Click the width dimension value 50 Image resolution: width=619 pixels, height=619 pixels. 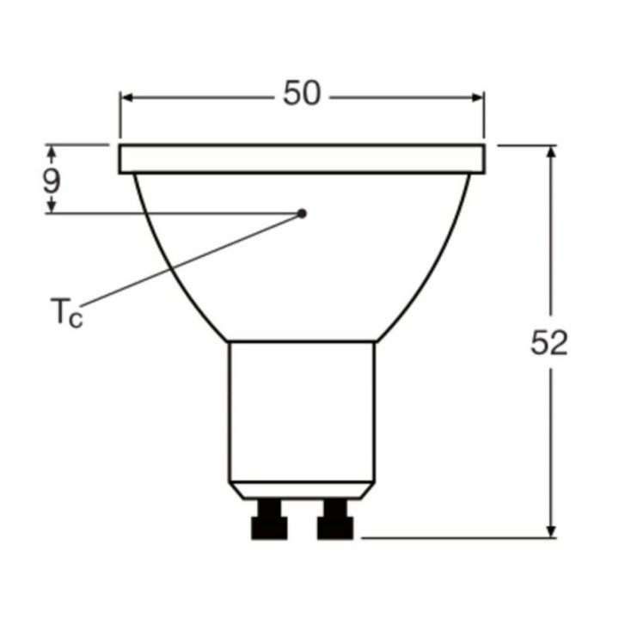tap(302, 94)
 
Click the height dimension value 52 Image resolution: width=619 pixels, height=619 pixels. tap(549, 343)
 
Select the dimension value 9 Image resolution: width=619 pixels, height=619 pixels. tap(52, 181)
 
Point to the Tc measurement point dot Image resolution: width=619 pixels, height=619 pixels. tap(303, 213)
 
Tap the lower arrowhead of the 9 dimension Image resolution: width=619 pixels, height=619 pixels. tap(52, 205)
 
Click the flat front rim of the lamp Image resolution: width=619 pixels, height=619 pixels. tap(302, 159)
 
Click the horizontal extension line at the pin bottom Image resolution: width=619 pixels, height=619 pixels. tap(456, 539)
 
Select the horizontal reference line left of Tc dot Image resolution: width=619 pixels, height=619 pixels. tap(172, 213)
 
